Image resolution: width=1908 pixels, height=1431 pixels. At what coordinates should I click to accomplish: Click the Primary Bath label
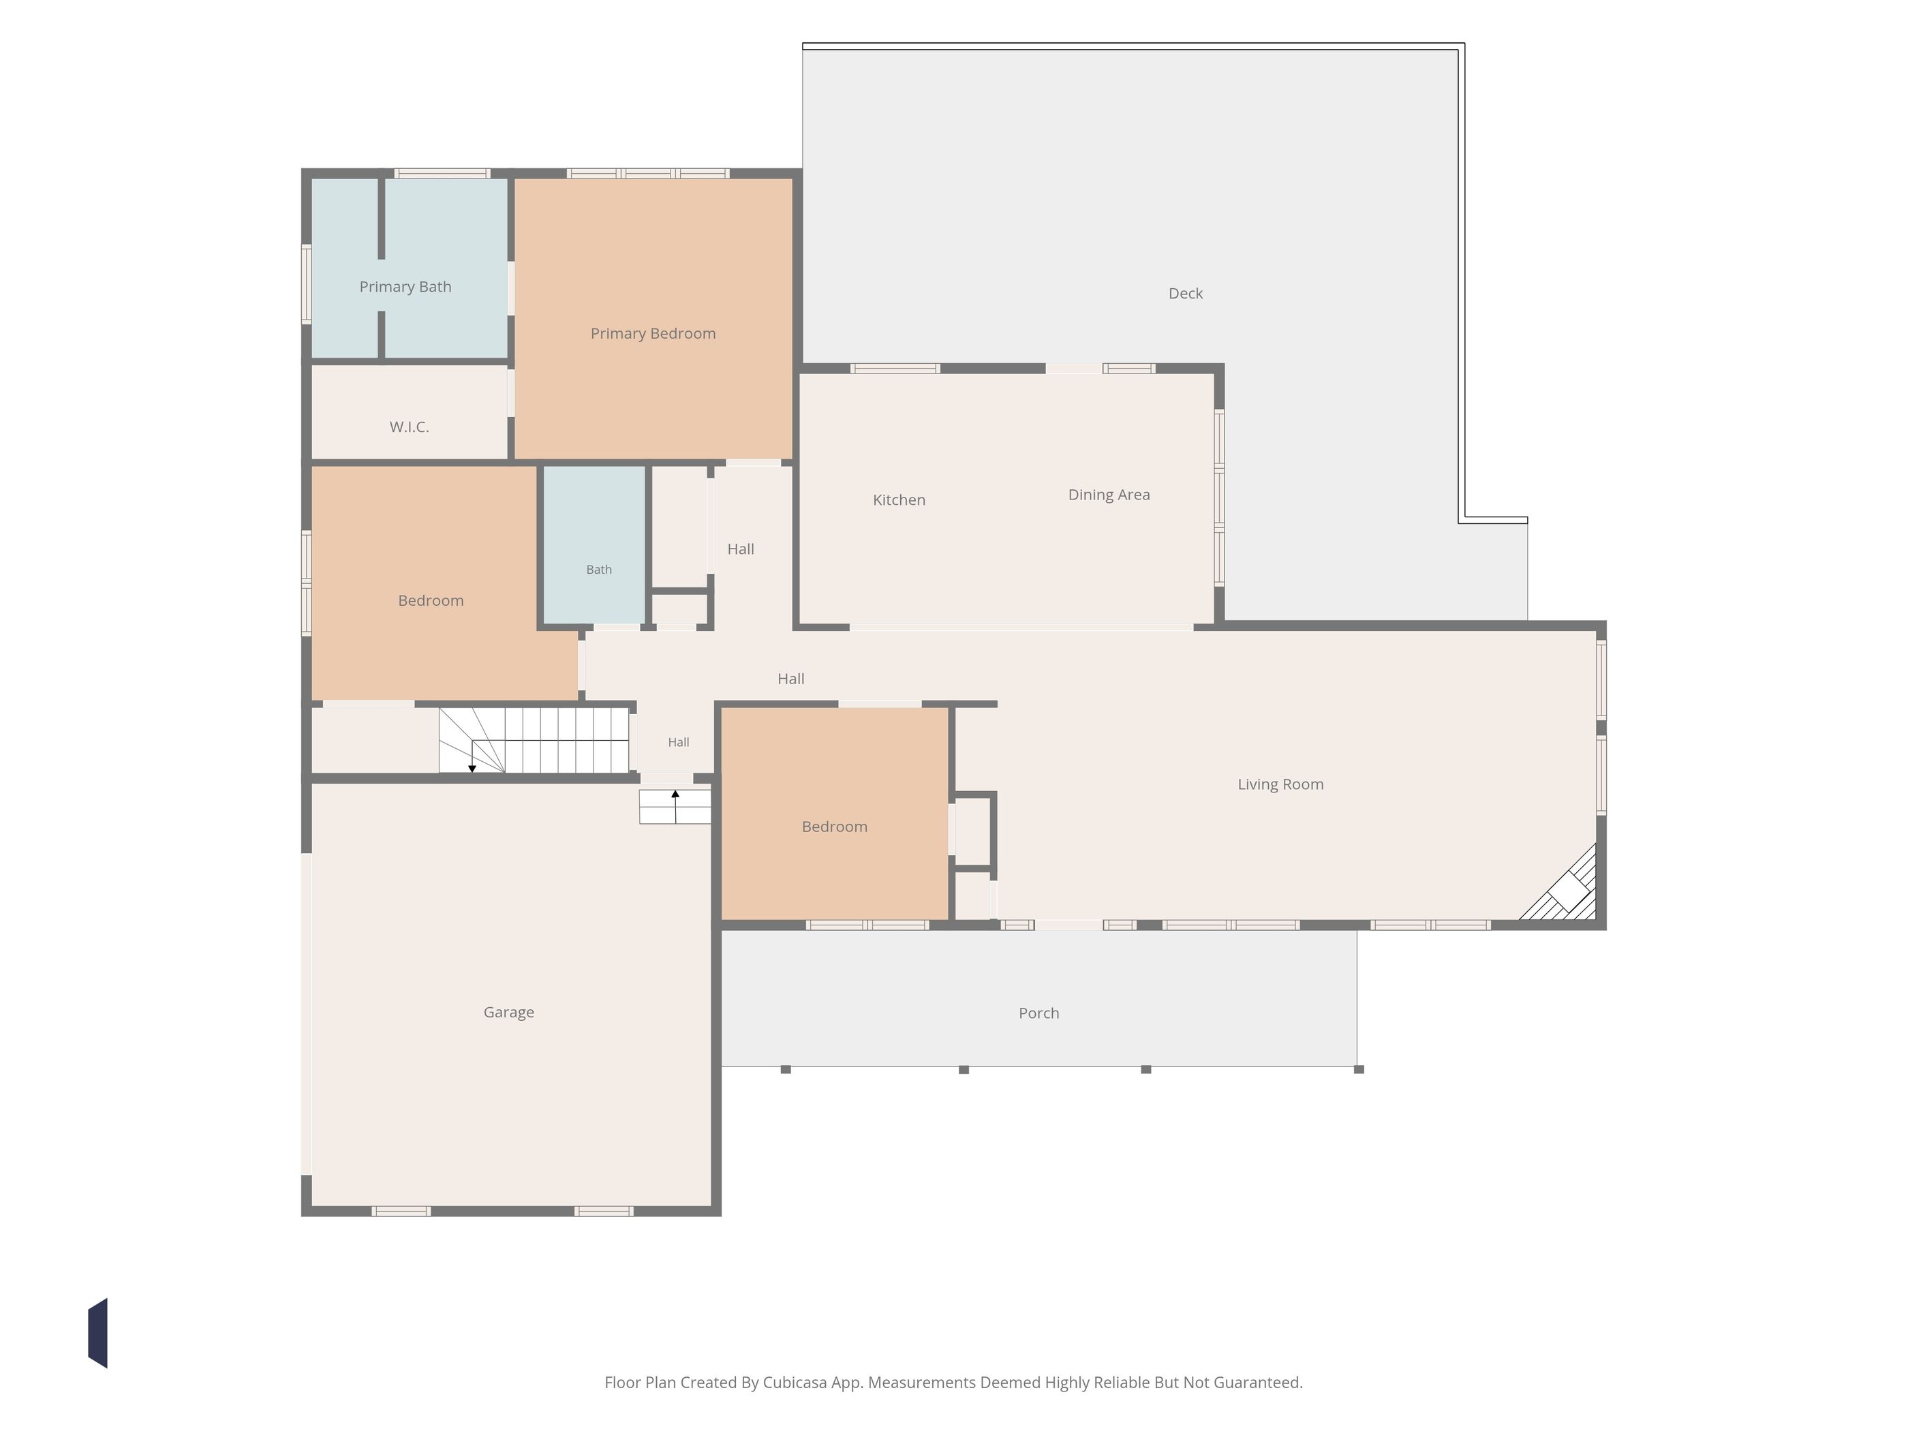405,286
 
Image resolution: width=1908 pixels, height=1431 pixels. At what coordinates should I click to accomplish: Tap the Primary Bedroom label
653,334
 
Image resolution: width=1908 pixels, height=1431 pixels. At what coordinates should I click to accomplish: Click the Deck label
1185,293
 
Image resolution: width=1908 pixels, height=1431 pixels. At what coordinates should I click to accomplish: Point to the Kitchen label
899,500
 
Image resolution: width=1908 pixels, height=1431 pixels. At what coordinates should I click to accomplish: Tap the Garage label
508,1012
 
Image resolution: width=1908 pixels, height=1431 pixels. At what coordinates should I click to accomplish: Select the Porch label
1038,1013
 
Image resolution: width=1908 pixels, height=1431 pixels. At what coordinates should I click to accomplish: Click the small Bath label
598,569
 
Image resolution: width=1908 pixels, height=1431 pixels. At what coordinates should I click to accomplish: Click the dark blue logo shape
97,1333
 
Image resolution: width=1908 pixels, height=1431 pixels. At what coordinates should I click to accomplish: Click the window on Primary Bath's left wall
306,285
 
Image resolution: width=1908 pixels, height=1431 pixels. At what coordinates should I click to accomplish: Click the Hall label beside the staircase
679,742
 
